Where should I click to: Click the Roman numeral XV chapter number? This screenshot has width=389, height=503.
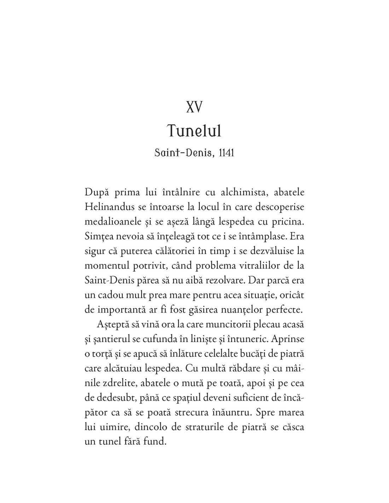click(x=194, y=107)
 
